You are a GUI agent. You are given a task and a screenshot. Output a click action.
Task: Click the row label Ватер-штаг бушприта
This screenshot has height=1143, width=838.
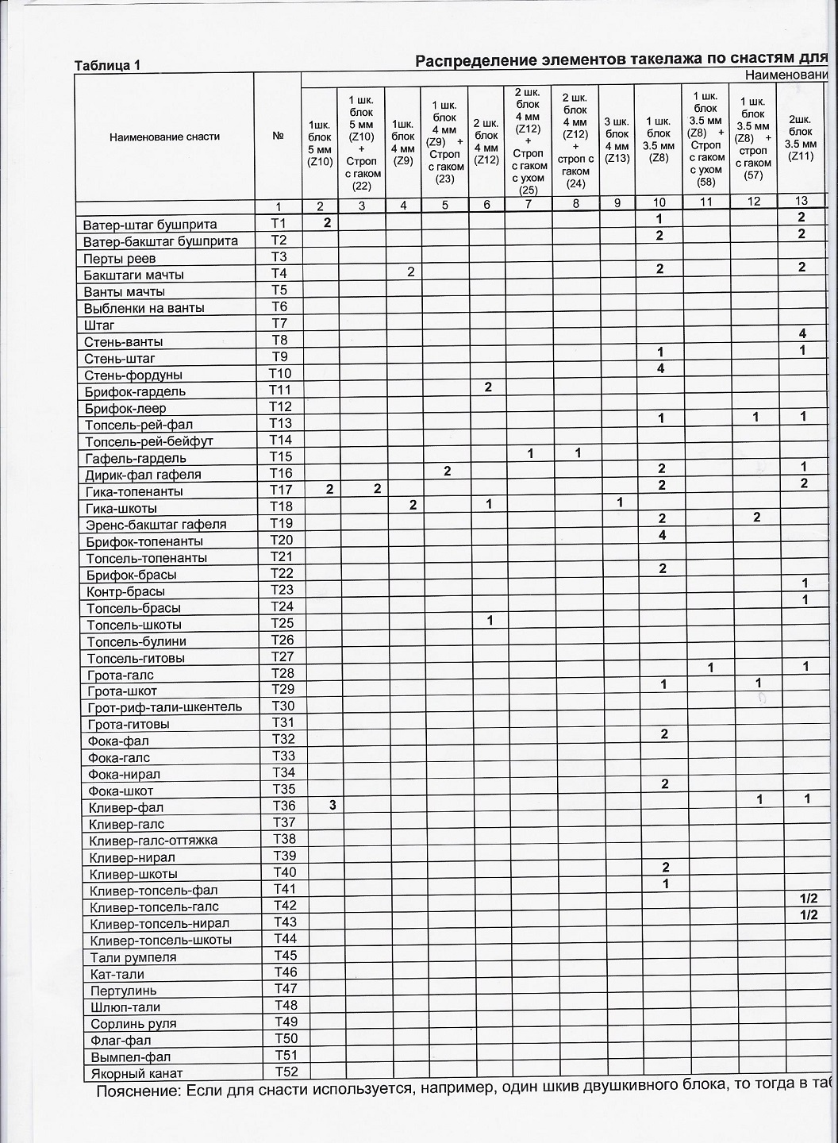pos(150,225)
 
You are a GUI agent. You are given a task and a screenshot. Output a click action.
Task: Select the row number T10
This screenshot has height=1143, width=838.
pos(280,373)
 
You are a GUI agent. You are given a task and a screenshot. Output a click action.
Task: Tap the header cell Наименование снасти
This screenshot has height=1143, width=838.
pos(164,137)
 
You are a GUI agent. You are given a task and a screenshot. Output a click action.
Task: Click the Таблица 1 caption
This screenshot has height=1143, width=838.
pos(107,65)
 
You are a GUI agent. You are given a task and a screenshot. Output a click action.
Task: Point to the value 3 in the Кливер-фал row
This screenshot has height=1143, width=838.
pos(333,805)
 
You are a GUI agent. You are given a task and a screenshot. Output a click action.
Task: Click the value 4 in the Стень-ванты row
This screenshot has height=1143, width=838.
pos(802,333)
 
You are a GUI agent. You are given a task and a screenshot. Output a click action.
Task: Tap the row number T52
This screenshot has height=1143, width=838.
pos(285,1072)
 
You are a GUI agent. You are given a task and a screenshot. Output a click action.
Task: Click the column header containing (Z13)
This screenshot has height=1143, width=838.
pos(617,140)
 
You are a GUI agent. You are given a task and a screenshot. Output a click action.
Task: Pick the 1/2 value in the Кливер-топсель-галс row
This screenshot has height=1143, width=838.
pos(809,899)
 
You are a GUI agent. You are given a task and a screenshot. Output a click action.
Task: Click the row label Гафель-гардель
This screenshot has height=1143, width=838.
pos(136,458)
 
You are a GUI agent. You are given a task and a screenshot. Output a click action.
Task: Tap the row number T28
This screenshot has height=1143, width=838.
pos(283,673)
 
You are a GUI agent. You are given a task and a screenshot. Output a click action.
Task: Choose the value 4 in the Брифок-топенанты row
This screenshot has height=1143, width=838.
pos(661,535)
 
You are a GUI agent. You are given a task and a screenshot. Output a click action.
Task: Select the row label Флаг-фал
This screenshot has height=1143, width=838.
pos(121,1041)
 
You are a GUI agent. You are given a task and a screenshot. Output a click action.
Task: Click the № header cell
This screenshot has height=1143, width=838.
pos(278,136)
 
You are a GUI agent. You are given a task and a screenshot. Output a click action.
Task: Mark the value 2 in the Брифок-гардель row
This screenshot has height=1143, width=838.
pos(488,387)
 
